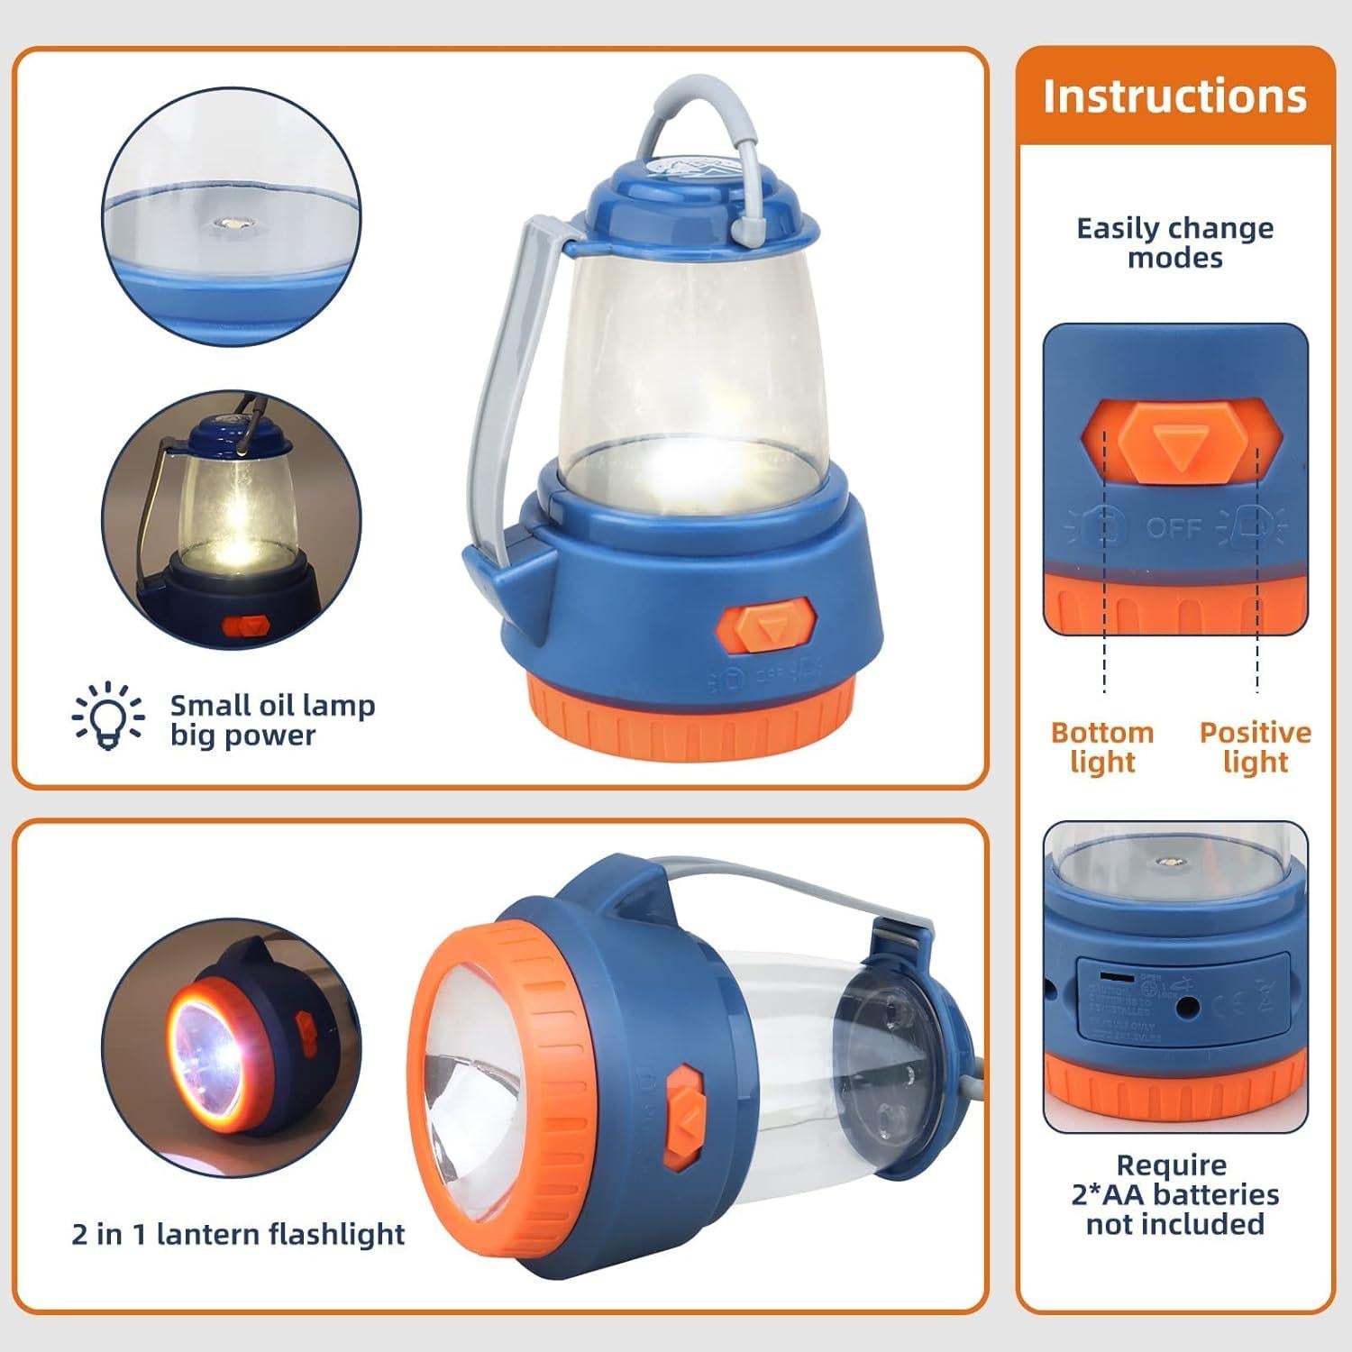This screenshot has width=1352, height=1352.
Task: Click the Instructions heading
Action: pos(1174,96)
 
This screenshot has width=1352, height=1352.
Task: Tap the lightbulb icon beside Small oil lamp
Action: pos(108,716)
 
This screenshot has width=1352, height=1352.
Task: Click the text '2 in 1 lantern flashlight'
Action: pos(238,1233)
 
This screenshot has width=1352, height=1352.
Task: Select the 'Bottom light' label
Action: pos(1102,746)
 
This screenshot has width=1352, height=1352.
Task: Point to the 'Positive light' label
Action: pos(1255,746)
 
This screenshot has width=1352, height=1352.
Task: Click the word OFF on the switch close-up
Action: pos(1174,526)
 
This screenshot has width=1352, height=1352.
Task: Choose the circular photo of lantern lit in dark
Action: pos(231,519)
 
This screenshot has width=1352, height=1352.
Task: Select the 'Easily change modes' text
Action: pos(1174,242)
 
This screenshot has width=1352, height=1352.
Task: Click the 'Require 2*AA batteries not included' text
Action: pos(1174,1194)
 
